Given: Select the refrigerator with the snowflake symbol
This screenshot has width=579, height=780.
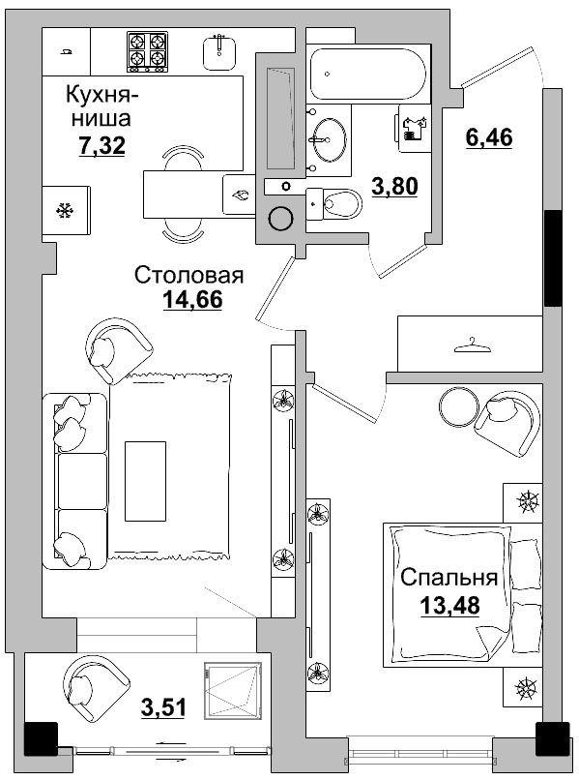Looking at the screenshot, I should tap(66, 211).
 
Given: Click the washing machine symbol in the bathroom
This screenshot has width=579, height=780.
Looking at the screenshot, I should tap(415, 130).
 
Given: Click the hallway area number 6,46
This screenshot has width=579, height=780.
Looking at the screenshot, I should tap(488, 136).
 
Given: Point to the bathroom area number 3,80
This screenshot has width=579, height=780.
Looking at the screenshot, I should tap(394, 186).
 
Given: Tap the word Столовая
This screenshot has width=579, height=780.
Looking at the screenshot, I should tap(188, 275).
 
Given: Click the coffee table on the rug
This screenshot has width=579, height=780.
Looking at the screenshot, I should tap(145, 470).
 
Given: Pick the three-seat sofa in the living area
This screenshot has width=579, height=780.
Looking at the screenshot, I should tap(75, 479).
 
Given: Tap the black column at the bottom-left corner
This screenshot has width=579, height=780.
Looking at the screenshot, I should tap(40, 740).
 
